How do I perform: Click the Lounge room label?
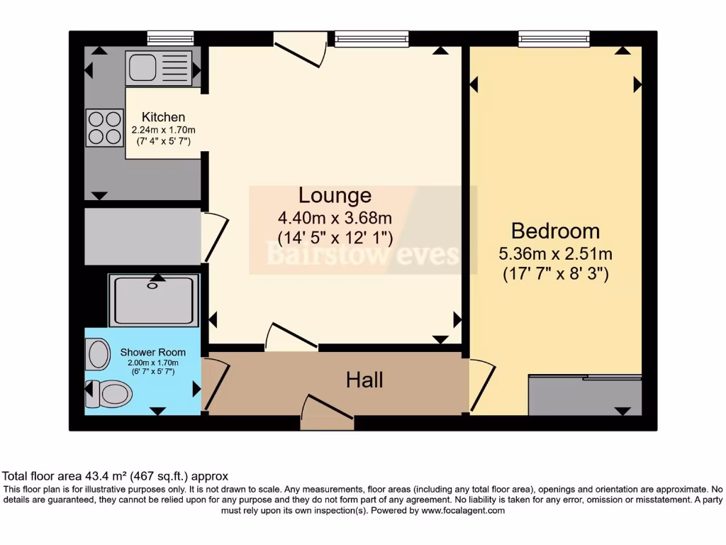[335, 195]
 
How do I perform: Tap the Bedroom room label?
[555, 231]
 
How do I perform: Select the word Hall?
[364, 380]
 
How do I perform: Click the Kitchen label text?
[163, 117]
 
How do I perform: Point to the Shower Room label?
[153, 352]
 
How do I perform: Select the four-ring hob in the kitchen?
[104, 127]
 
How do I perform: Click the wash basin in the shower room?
[98, 353]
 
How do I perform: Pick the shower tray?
[153, 300]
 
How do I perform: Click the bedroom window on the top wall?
[554, 39]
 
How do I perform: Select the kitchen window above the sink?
[170, 38]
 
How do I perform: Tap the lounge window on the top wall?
[372, 39]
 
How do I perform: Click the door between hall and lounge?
[291, 336]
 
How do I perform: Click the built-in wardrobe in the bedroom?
[586, 396]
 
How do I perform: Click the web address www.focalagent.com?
[462, 510]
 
